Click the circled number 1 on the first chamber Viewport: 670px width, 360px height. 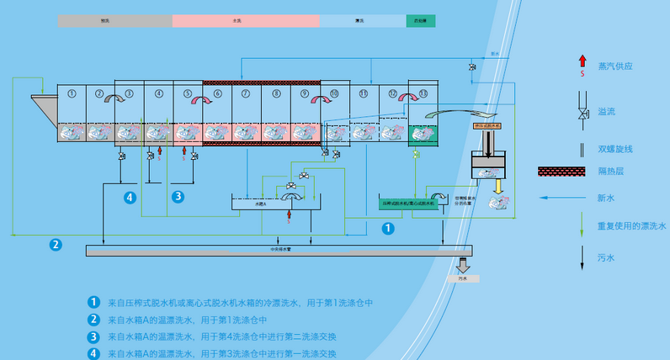click(x=72, y=93)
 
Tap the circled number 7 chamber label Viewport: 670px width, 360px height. click(x=246, y=93)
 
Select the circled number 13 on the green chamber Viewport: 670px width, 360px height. click(x=423, y=93)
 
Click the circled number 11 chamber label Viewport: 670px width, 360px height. click(x=364, y=93)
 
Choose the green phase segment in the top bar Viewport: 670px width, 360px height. click(x=421, y=20)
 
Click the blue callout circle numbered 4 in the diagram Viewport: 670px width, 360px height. click(x=130, y=197)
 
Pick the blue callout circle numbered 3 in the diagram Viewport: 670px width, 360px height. click(x=178, y=197)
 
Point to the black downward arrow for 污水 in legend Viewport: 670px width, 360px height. click(x=582, y=257)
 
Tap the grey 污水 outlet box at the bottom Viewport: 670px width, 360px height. click(x=463, y=278)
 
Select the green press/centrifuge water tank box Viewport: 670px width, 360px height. click(x=409, y=203)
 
